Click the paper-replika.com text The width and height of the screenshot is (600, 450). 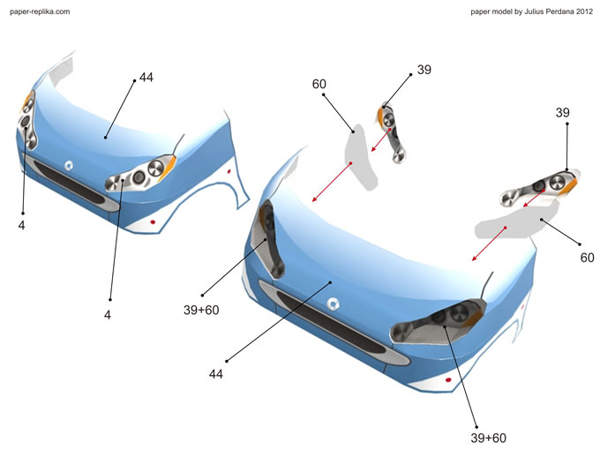(40, 11)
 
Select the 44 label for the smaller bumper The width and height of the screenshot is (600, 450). (146, 78)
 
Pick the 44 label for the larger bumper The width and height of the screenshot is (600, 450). (216, 374)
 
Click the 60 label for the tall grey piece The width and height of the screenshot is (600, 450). (319, 85)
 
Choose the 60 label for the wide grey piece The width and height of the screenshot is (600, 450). (587, 259)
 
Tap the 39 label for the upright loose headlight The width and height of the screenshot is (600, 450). (424, 70)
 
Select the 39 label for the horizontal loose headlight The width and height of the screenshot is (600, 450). (563, 113)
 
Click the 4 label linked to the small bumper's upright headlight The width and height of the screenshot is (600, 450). (21, 225)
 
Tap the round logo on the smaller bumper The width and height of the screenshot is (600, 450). (68, 164)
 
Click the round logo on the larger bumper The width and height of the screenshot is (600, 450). (334, 304)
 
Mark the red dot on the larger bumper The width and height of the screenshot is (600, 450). (449, 379)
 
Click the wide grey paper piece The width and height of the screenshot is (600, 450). (516, 221)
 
